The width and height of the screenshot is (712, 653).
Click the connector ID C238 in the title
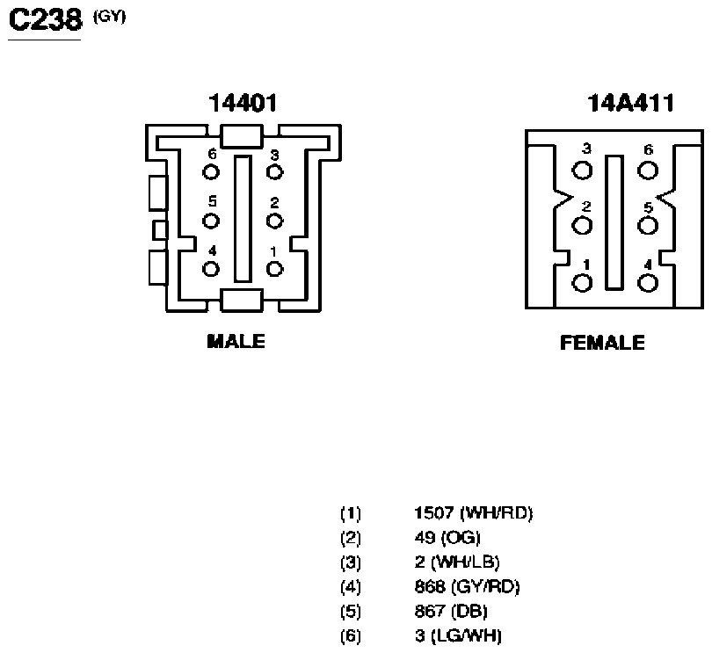pos(46,20)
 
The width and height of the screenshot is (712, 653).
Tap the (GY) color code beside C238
pos(109,17)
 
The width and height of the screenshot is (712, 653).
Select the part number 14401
pos(243,103)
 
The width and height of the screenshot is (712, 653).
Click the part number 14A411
pos(630,103)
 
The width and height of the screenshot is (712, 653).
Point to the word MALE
pos(236,342)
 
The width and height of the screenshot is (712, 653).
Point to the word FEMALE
pos(602,343)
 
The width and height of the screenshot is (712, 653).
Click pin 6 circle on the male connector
pos(211,172)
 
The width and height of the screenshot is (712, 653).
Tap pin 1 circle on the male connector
pos(275,269)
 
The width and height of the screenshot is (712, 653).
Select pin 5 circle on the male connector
pos(211,221)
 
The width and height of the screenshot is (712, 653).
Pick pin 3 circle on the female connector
pos(582,171)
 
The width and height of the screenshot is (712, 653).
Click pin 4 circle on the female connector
pos(648,283)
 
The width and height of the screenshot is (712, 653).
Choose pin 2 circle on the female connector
pos(582,225)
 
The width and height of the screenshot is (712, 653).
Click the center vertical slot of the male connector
pos(243,219)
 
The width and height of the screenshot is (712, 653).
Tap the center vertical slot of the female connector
pos(614,222)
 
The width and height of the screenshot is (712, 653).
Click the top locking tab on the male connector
pos(242,136)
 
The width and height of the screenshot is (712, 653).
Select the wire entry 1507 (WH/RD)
pos(473,513)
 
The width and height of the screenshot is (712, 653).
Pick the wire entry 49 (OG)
pos(447,538)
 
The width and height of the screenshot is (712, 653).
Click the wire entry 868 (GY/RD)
pos(467,587)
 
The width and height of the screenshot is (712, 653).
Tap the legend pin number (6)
pos(351,635)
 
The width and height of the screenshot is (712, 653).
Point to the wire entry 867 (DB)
pos(451,611)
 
